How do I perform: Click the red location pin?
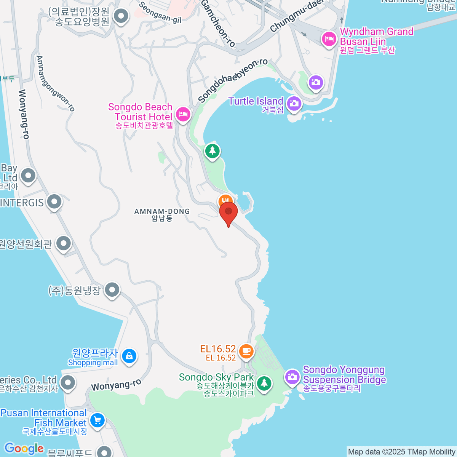coord(228,213)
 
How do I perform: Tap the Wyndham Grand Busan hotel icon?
coord(329,39)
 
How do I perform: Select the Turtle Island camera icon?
coord(294,104)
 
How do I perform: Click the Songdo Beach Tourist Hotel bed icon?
coord(183,114)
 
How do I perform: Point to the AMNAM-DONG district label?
coord(162,214)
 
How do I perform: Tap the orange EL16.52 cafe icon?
coord(246,350)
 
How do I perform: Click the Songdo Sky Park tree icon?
coord(264,383)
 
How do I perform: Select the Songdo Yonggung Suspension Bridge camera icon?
coord(292,377)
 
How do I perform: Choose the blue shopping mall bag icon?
coord(129,356)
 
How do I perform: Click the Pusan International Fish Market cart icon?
coord(97,421)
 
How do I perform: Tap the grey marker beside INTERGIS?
coord(54,202)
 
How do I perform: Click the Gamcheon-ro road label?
coord(219,24)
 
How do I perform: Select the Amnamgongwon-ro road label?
coord(55,83)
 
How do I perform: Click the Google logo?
coord(24,449)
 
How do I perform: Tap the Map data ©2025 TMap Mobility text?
coord(402,452)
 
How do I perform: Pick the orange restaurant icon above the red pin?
coord(225,200)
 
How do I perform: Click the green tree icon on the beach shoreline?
coord(212,151)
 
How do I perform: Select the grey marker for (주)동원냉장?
coord(112,290)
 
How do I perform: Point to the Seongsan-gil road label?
coord(160,13)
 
